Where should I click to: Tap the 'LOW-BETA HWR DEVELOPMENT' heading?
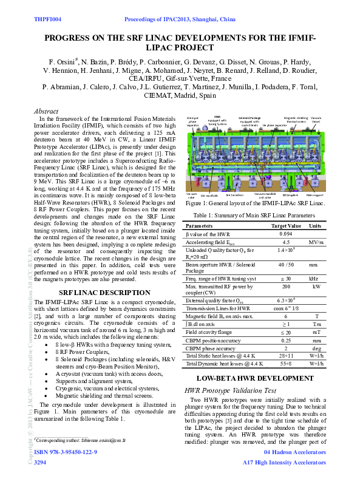pyautogui.click(x=256, y=378)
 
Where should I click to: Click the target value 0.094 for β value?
pyautogui.click(x=286, y=233)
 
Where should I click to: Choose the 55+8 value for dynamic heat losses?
pyautogui.click(x=286, y=363)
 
